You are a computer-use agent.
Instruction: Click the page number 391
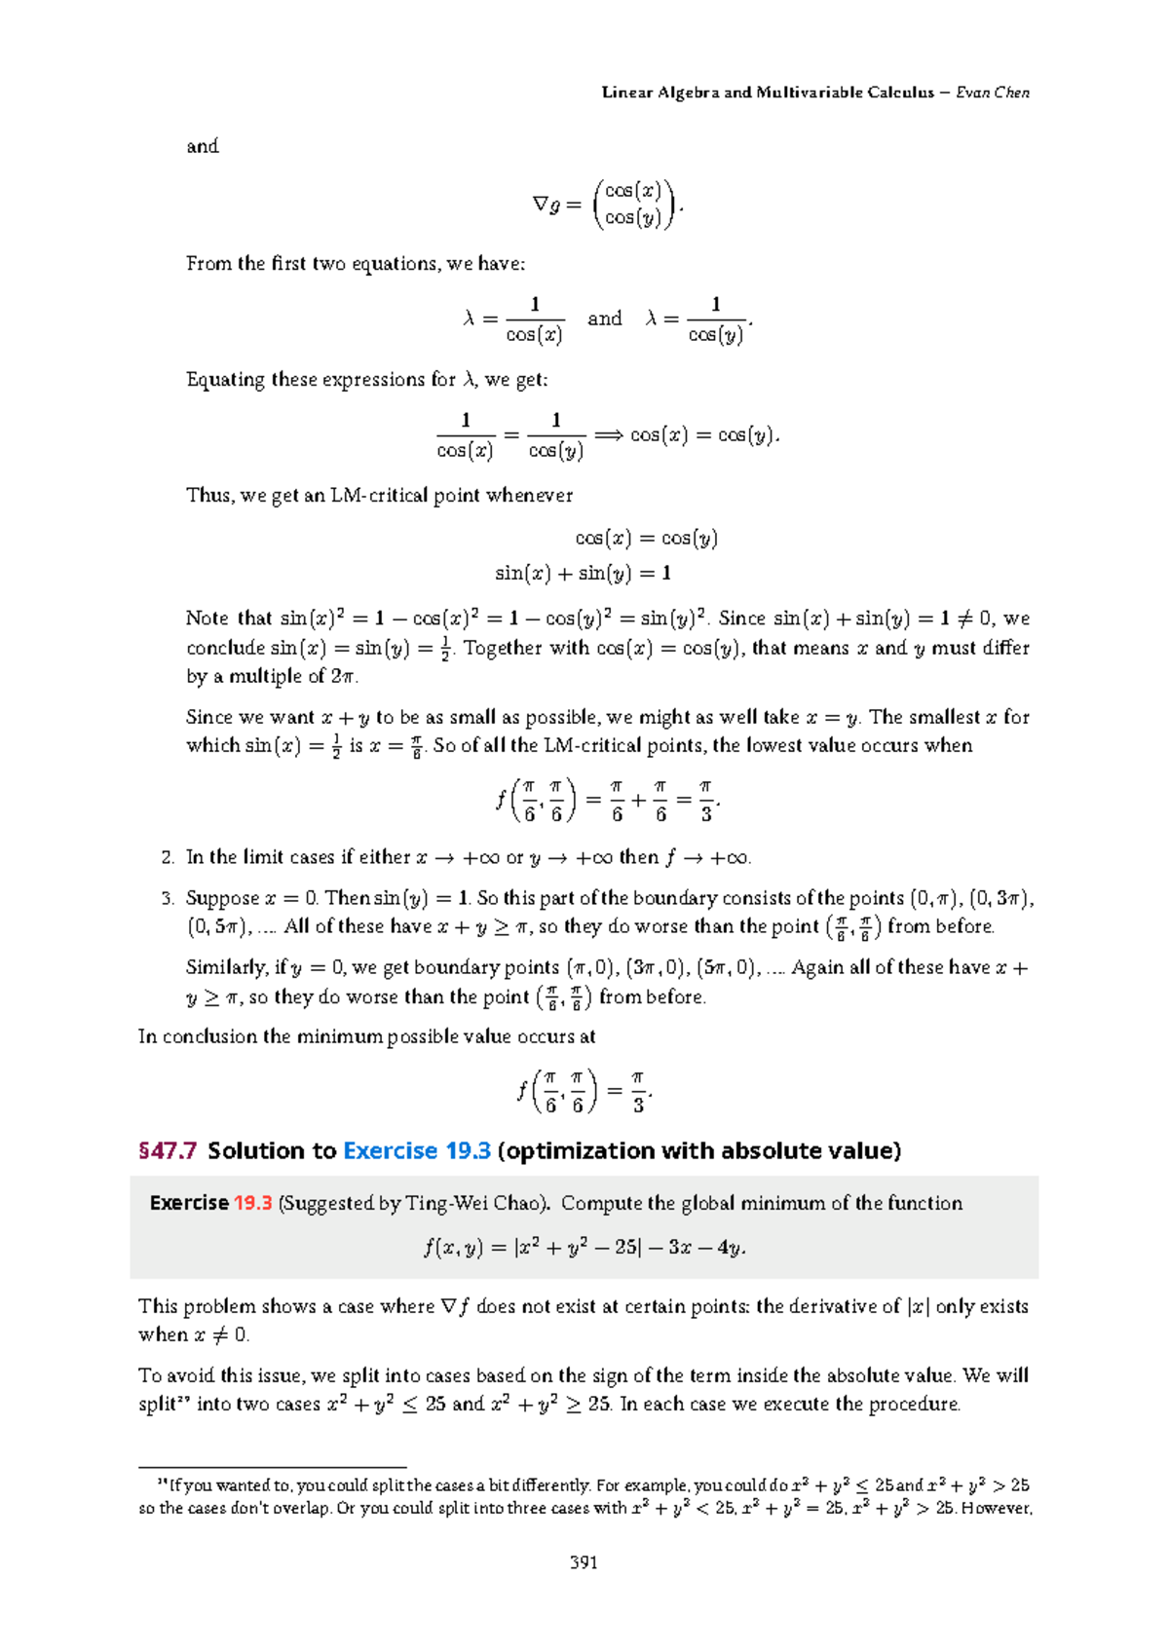coord(584,1562)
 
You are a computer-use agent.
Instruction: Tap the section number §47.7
coord(168,1150)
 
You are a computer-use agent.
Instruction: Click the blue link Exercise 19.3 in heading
coord(417,1150)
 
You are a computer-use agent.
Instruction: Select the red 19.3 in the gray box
coord(252,1203)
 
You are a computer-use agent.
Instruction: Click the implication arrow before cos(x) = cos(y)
coord(608,435)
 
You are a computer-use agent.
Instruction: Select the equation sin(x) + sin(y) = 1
coord(583,573)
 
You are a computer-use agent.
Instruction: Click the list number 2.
coord(168,857)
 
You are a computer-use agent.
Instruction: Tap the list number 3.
coord(168,898)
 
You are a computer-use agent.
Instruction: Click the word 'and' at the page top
coord(203,146)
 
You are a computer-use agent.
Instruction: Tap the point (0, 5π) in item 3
coord(220,926)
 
